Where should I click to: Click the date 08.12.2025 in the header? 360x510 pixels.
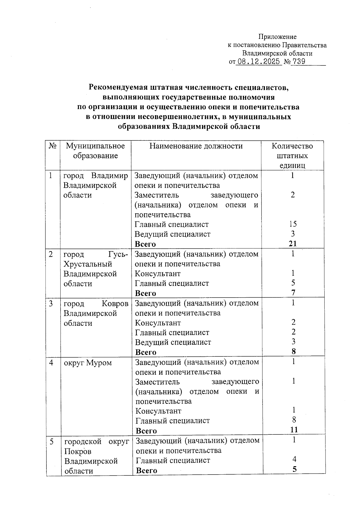click(x=258, y=62)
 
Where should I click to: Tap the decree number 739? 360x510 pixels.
click(x=298, y=62)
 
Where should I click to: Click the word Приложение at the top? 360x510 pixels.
click(x=277, y=37)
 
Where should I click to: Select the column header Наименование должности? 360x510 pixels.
click(x=196, y=146)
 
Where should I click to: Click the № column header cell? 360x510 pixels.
click(x=52, y=146)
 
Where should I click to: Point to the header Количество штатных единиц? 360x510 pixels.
click(x=292, y=156)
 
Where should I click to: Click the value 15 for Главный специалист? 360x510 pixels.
click(x=293, y=224)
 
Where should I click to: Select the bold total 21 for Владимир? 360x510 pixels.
click(x=293, y=244)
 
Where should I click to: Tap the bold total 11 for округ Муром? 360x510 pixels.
click(x=294, y=430)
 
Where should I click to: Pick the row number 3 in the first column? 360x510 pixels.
click(x=51, y=304)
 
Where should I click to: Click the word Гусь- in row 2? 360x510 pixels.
click(x=118, y=254)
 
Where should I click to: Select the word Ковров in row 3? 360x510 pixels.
click(x=115, y=304)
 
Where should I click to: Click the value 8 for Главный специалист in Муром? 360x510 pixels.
click(x=294, y=420)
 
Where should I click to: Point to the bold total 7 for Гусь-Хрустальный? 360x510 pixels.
click(x=293, y=292)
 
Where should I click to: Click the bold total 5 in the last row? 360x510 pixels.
click(x=295, y=469)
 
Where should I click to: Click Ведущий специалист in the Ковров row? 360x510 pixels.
click(x=173, y=342)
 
